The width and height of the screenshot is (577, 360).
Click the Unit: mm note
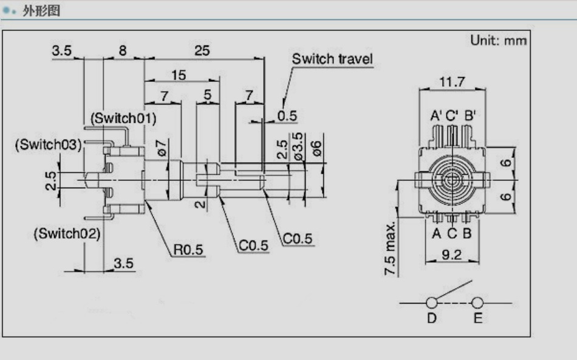tap(499, 41)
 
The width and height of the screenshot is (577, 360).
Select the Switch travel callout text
tap(332, 59)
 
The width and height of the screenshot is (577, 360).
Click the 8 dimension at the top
tap(123, 51)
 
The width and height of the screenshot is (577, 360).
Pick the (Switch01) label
tap(123, 118)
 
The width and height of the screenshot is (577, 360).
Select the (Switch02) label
tap(67, 233)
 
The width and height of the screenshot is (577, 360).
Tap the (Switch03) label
tap(48, 144)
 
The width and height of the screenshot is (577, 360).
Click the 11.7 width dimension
tap(452, 81)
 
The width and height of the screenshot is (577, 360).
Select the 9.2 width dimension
tap(452, 255)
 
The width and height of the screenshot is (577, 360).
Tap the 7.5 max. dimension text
tap(391, 248)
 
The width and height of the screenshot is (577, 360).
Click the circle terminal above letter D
tap(432, 302)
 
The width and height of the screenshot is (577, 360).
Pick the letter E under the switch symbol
tap(477, 319)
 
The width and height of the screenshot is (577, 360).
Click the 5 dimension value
tap(208, 95)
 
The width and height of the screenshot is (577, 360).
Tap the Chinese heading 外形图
tap(41, 11)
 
